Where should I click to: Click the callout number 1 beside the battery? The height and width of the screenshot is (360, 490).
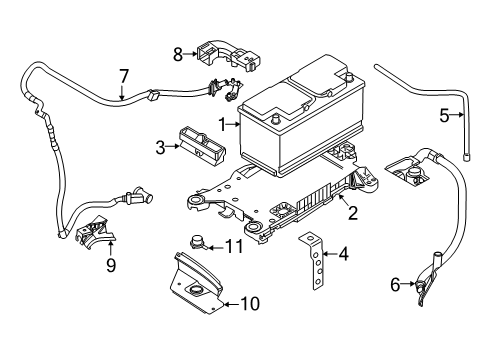[x=222, y=124]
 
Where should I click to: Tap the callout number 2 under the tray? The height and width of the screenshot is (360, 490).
[x=353, y=213]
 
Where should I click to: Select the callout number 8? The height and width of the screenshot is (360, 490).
[x=178, y=54]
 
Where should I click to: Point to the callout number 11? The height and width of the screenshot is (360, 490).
[x=234, y=247]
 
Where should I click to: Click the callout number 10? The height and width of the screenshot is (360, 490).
[x=250, y=304]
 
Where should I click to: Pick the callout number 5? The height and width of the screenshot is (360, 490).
[x=444, y=115]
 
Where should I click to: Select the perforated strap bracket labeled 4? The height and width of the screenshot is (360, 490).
[x=314, y=260]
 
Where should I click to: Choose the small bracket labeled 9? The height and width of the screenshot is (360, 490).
[x=95, y=231]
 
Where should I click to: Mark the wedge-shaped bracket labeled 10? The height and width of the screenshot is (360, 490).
[x=196, y=284]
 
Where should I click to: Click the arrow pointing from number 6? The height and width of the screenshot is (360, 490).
[x=408, y=284]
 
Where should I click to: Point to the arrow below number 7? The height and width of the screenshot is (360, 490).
[x=122, y=92]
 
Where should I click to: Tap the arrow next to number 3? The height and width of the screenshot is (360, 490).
[x=173, y=146]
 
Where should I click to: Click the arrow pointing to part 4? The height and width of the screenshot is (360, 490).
[x=330, y=254]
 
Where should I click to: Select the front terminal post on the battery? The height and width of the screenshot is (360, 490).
[x=275, y=119]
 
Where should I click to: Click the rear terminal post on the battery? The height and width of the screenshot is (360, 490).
[x=348, y=76]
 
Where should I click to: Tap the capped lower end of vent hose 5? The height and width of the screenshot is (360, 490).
[x=467, y=156]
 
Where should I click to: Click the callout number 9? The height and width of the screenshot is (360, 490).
[x=111, y=265]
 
